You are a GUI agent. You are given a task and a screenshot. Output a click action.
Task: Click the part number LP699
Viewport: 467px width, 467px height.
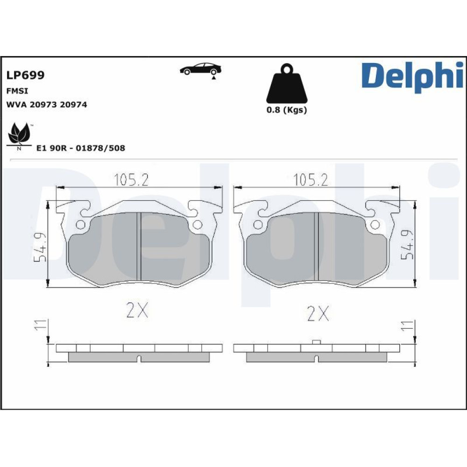[25, 75]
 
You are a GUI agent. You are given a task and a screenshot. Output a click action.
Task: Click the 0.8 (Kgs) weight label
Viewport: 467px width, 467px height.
[287, 110]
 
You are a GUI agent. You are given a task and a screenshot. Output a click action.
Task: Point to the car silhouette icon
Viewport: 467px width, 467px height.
[200, 71]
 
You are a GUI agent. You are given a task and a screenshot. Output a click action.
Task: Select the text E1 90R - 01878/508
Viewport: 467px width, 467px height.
[80, 148]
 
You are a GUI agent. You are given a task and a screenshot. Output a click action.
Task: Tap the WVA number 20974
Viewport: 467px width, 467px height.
[73, 105]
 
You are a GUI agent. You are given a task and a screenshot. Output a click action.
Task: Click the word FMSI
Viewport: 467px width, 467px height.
[17, 91]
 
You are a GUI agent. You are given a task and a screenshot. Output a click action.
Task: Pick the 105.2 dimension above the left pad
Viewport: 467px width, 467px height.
[131, 180]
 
